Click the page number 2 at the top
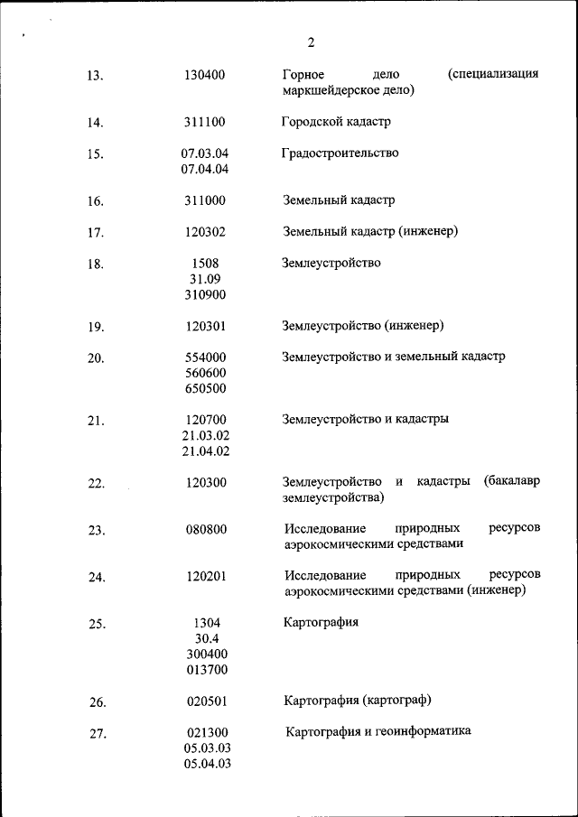tap(311, 42)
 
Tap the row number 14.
tap(96, 123)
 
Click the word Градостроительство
tap(340, 153)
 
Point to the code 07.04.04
tap(204, 169)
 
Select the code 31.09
tap(204, 279)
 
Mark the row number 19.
tap(96, 327)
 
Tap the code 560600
tap(205, 373)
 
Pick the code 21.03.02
tap(205, 435)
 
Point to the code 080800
tap(206, 530)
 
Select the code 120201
tap(206, 576)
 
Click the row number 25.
tap(97, 624)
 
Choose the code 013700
tap(207, 670)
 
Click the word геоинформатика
tap(426, 731)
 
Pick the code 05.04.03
tap(207, 764)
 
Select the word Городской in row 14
tap(308, 122)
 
